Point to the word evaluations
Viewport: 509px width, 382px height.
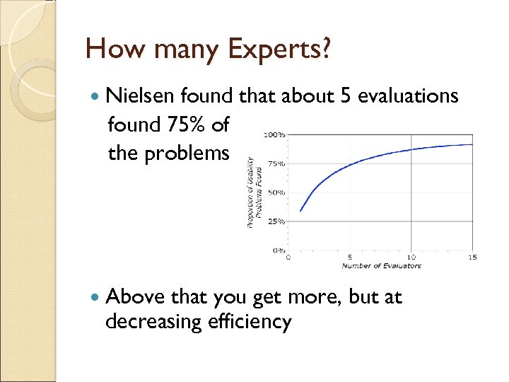[x=408, y=95]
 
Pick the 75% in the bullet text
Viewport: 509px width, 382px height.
[x=187, y=125]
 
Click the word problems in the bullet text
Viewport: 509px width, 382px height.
[x=188, y=154]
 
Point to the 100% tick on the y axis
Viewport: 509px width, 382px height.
[x=274, y=134]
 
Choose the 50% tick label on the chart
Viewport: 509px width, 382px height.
[x=276, y=192]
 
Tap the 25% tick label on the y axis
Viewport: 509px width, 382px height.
[x=276, y=221]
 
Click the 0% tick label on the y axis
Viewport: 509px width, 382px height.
[x=278, y=250]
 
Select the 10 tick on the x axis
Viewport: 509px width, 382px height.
[x=411, y=257]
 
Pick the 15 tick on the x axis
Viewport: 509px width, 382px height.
[x=472, y=257]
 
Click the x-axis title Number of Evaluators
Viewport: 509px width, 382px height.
[x=381, y=266]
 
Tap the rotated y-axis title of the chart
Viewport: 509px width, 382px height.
[x=254, y=192]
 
